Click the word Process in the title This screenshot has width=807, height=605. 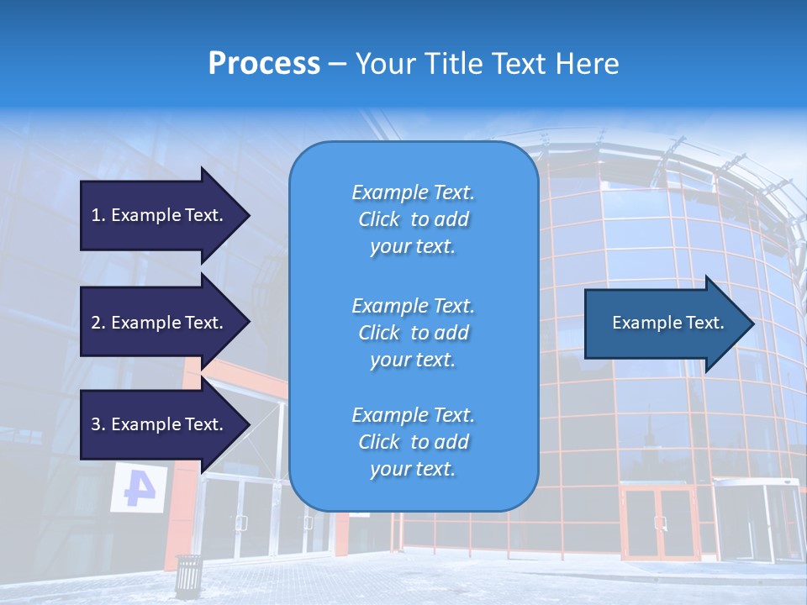[x=264, y=64]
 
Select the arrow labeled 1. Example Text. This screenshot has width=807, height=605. [x=160, y=215]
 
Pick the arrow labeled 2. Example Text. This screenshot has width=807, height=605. [x=160, y=323]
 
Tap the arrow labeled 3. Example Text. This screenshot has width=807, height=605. [x=160, y=424]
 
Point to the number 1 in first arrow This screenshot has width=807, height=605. [x=96, y=215]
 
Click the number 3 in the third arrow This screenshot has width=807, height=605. [x=96, y=424]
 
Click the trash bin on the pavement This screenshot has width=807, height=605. [x=188, y=573]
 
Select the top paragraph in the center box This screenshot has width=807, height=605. [x=413, y=219]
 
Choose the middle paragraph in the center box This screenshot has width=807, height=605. [x=413, y=332]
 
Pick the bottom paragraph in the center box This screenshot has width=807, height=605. [x=413, y=442]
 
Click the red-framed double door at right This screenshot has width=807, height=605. [x=659, y=523]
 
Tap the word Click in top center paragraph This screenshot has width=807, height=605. [x=378, y=219]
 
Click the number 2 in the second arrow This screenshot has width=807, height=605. [x=96, y=323]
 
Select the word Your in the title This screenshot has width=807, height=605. [x=383, y=64]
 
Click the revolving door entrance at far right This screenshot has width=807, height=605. [x=756, y=521]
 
